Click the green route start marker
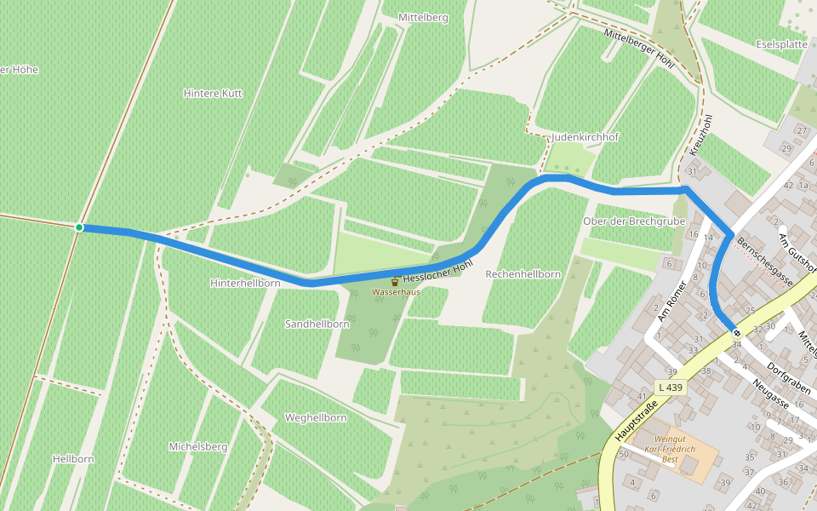(x=79, y=227)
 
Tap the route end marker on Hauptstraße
(x=736, y=333)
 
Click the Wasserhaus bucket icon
(x=395, y=280)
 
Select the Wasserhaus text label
(x=396, y=292)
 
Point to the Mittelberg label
(x=423, y=17)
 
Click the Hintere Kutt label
(x=213, y=93)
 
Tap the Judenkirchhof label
(x=585, y=136)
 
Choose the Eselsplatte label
(x=781, y=44)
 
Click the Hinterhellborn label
(x=245, y=282)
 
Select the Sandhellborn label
(x=317, y=324)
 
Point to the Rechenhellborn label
(x=523, y=274)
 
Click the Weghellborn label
(x=316, y=418)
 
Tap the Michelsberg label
(x=197, y=446)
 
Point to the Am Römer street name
(x=671, y=302)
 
